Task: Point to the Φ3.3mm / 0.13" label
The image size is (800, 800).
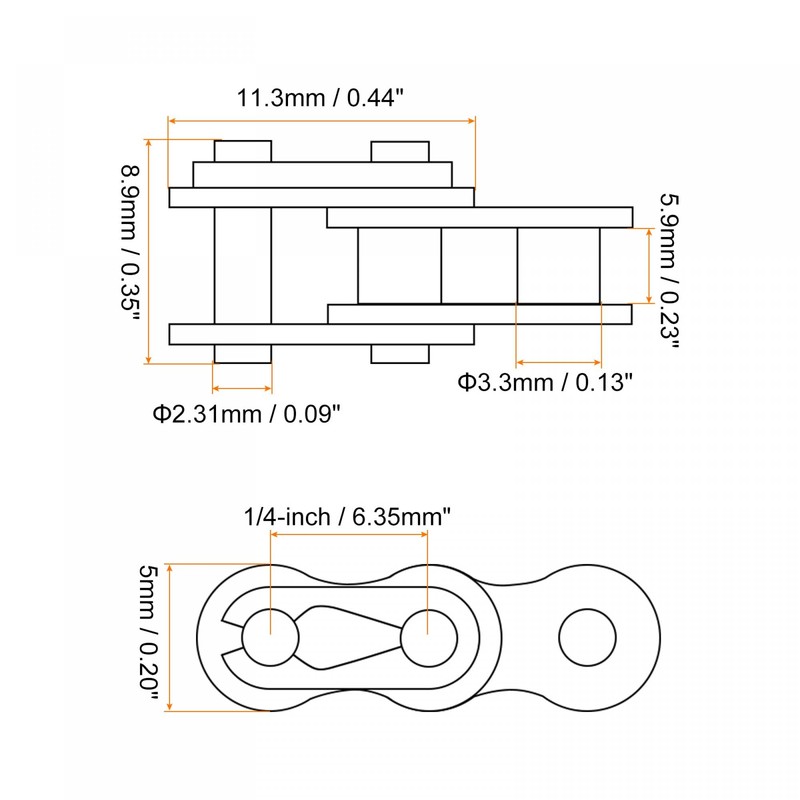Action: pos(545,382)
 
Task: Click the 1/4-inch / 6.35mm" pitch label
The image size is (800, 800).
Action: pos(348,516)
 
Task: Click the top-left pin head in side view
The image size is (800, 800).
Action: pos(242,151)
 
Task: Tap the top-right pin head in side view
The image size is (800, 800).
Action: pos(400,151)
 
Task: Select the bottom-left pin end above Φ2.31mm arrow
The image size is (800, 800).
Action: pos(242,353)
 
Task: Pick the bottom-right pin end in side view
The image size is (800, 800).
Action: pos(400,353)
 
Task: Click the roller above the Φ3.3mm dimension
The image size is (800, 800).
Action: pos(558,265)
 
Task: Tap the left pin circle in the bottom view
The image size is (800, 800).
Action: pos(270,636)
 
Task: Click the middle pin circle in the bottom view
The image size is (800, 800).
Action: pos(428,636)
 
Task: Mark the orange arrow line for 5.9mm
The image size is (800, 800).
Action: pos(650,265)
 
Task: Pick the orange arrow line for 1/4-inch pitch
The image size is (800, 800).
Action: pos(349,535)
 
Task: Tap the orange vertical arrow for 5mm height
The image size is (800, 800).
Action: pos(172,637)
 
